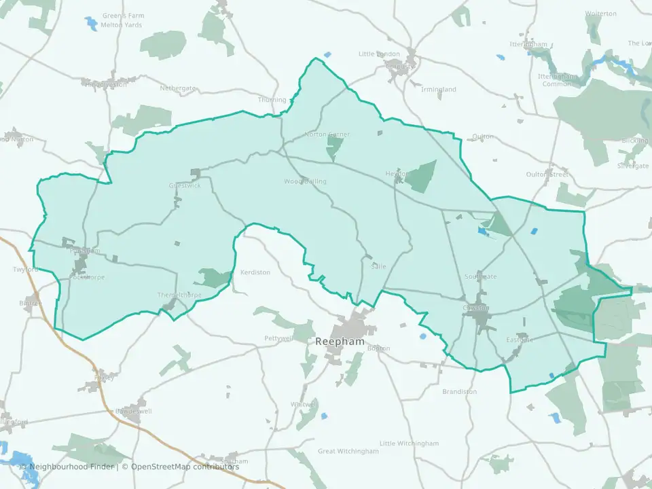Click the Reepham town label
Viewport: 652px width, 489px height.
point(340,342)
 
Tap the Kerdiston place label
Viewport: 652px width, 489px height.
point(255,272)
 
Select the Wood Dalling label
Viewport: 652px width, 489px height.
point(305,181)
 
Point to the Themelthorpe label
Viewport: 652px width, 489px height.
point(179,295)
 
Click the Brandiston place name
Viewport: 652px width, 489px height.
point(460,392)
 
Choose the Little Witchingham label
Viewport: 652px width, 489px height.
point(409,443)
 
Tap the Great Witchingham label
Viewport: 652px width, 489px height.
point(348,451)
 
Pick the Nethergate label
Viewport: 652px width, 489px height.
point(177,88)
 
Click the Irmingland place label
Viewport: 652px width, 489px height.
point(439,90)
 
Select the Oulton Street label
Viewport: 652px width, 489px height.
point(547,175)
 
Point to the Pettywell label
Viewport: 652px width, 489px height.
point(278,338)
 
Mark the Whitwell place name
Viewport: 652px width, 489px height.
point(304,404)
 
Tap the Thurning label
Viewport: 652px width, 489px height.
point(272,100)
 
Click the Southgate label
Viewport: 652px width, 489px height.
point(480,276)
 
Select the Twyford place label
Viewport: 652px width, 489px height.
point(26,270)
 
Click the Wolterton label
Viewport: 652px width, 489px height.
point(601,14)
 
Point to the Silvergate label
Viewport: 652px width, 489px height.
point(633,166)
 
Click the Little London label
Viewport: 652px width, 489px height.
point(379,54)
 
